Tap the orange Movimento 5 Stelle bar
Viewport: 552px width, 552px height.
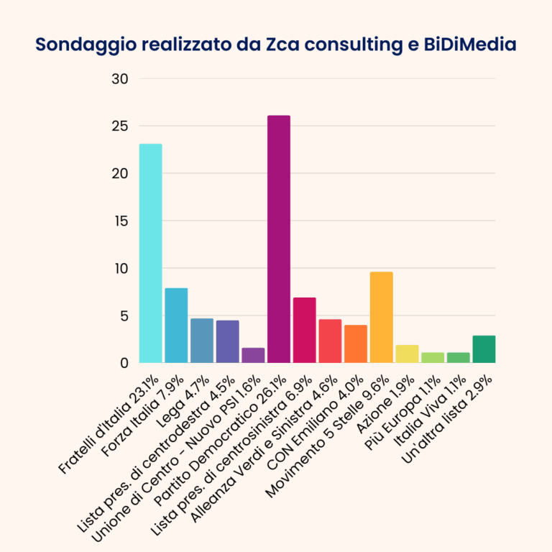coord(381,317)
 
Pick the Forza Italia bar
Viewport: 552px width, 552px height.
coord(176,325)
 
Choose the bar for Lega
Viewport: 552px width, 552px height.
coord(202,340)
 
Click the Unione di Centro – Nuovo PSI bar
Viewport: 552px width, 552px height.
coord(253,355)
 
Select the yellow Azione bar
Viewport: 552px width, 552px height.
coord(407,354)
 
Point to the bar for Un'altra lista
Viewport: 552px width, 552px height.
coord(484,349)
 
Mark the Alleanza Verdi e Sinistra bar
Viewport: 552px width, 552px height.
coord(330,341)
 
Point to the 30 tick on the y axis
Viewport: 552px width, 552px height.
coord(119,79)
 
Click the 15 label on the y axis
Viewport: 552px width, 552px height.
coord(119,221)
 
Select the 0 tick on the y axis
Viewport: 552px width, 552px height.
coord(123,363)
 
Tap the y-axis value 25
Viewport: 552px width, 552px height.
coord(119,126)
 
